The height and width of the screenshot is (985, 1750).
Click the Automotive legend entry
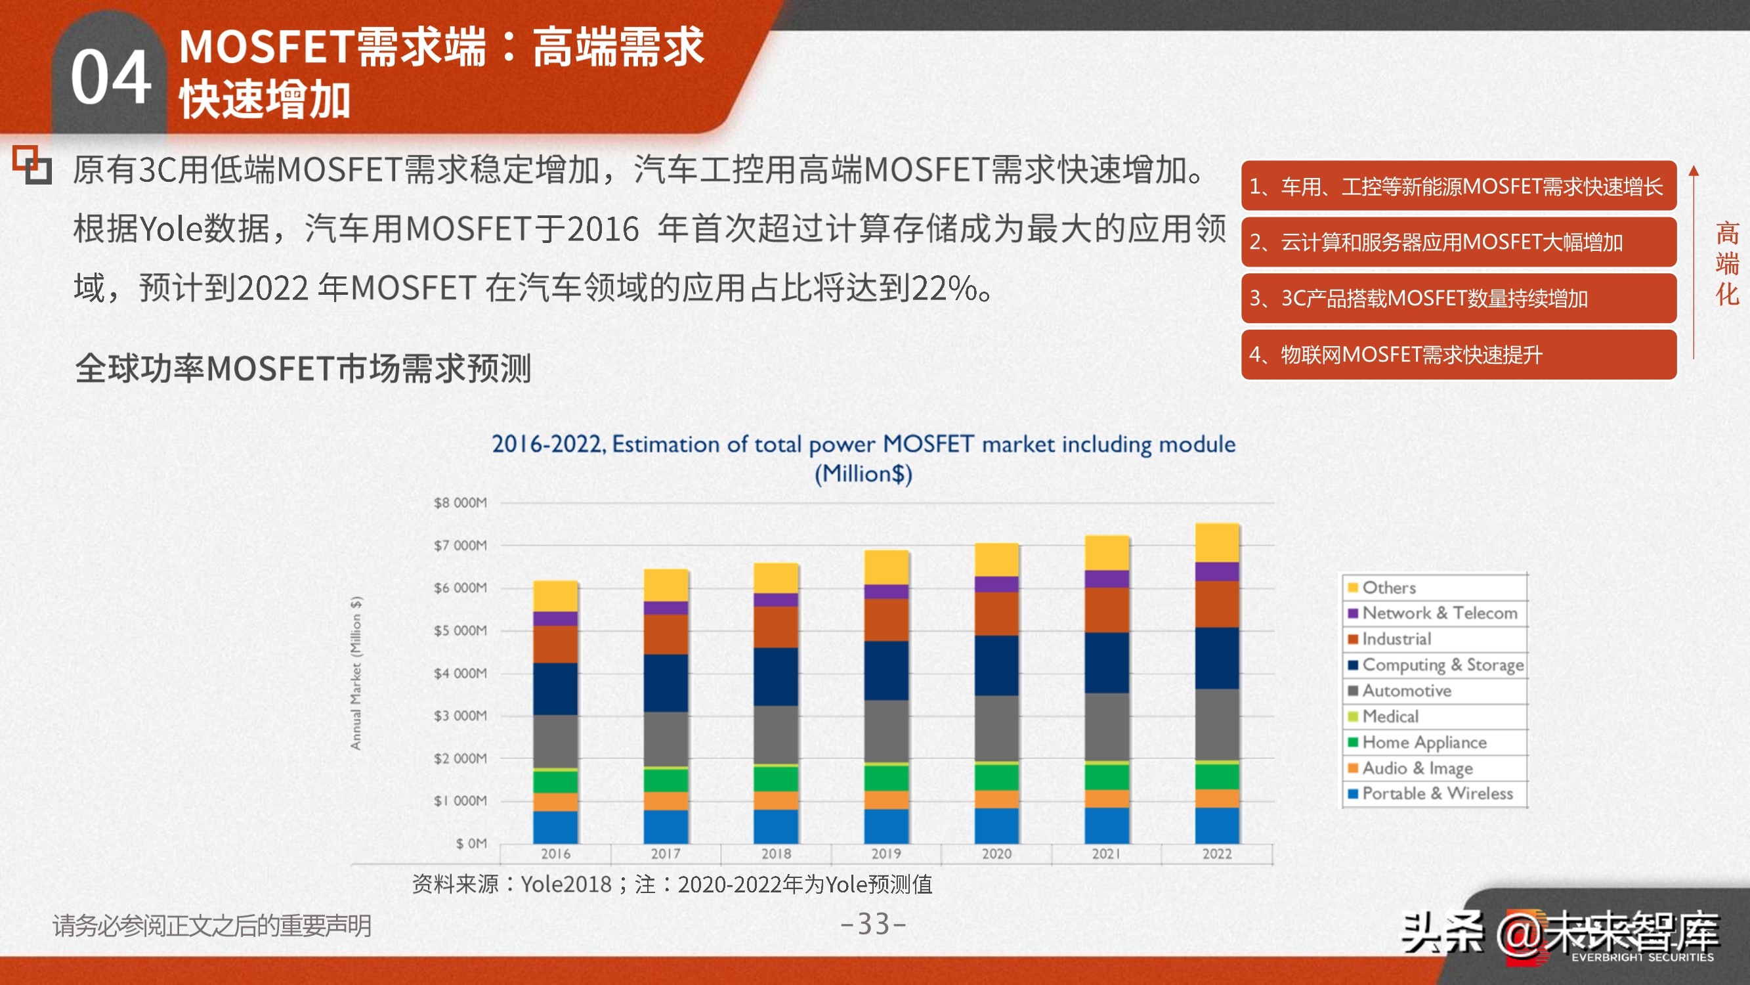(1406, 691)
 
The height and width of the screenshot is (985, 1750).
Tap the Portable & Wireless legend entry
(1437, 793)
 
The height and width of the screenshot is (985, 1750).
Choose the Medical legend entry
(1390, 716)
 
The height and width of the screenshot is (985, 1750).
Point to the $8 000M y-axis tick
(460, 503)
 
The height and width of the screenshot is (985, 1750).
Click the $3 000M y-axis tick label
(460, 716)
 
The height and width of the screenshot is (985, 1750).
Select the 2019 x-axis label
(886, 854)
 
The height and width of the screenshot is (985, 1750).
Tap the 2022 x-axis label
(1217, 854)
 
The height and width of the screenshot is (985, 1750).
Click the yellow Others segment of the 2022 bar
(1217, 542)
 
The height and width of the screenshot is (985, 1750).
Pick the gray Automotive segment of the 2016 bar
(555, 741)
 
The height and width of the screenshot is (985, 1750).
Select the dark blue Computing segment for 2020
(996, 665)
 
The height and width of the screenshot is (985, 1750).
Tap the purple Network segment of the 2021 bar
(1107, 579)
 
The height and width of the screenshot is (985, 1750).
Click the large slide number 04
(111, 78)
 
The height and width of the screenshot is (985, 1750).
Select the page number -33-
(874, 924)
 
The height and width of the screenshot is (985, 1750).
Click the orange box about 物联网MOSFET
(1458, 355)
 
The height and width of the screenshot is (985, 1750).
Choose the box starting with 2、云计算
(1458, 242)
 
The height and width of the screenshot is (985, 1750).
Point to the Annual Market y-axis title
(356, 673)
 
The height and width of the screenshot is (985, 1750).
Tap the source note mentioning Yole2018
(672, 885)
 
